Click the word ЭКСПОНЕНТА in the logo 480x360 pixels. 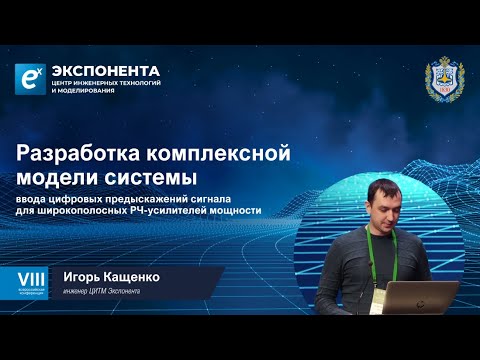click(x=108, y=70)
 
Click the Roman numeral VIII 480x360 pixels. click(x=24, y=274)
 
